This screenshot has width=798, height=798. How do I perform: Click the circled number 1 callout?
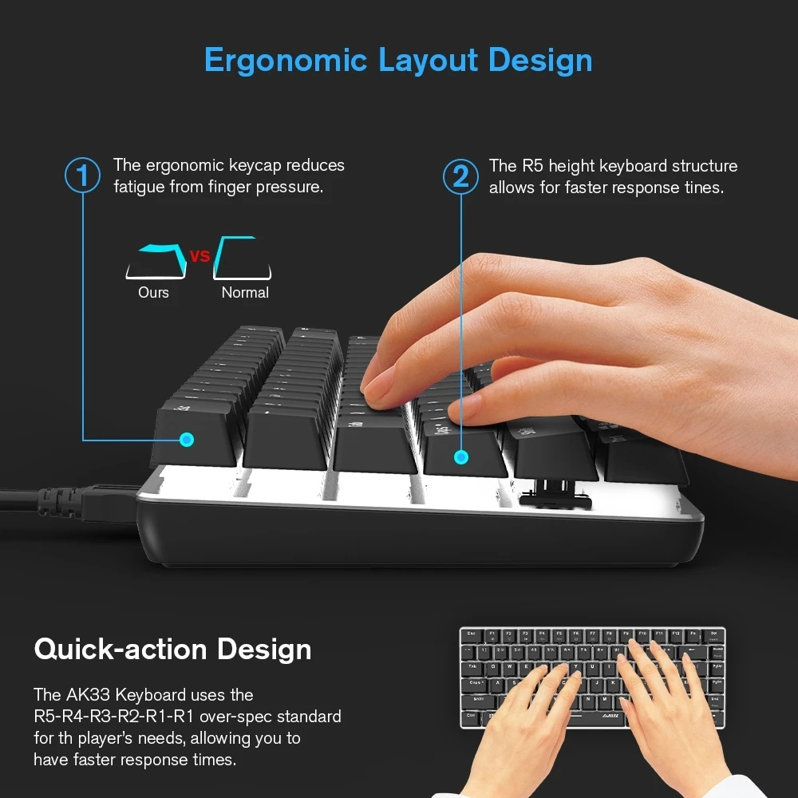click(x=82, y=176)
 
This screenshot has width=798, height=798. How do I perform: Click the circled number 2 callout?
click(x=461, y=176)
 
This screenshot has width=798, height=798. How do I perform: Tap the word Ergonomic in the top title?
click(x=285, y=61)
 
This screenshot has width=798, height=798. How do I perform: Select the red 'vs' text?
click(x=199, y=256)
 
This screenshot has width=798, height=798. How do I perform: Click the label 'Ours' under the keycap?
click(x=153, y=292)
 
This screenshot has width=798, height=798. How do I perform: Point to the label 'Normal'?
click(x=245, y=292)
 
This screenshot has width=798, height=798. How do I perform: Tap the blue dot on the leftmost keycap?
click(x=187, y=439)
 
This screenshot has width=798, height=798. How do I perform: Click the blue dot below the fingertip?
click(x=460, y=456)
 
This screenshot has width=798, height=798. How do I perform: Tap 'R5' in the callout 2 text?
click(x=531, y=166)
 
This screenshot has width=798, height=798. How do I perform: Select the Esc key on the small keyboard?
click(x=470, y=635)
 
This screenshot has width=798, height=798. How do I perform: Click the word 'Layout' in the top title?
click(x=429, y=61)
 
